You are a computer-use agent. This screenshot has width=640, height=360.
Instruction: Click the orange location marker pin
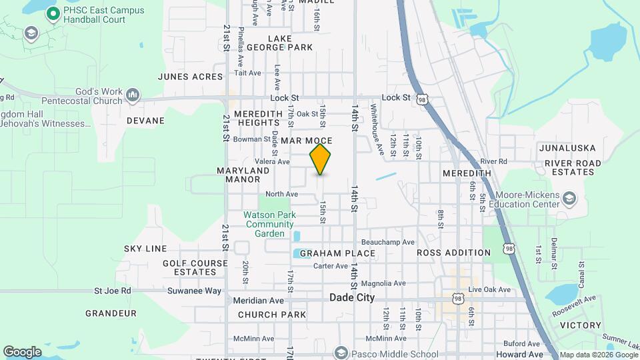coord(321,159)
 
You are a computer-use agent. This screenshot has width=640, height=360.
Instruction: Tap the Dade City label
coord(352,298)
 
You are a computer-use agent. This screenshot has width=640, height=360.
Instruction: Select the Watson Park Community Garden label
coord(269,224)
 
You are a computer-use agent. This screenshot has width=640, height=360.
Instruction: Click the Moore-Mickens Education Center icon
coord(569,198)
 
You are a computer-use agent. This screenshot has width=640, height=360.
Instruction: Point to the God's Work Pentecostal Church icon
coord(133,96)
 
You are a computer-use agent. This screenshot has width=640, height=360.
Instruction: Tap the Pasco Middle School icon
coord(341,353)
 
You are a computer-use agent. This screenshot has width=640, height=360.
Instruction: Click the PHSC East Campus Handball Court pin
coord(49,13)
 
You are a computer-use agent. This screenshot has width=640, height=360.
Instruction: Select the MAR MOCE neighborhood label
coord(307,141)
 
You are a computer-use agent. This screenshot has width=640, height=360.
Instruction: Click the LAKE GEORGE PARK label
coord(279,43)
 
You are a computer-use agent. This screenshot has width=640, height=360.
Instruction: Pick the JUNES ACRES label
coord(190,77)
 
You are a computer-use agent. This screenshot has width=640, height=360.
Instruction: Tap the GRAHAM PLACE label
coord(337,253)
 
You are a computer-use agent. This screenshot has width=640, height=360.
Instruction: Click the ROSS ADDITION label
coord(453,253)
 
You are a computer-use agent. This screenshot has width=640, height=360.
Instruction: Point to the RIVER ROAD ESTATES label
coord(572,167)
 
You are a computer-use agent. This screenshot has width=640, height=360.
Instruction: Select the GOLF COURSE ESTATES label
coord(195,267)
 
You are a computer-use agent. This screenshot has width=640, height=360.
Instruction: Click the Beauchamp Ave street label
coord(388,242)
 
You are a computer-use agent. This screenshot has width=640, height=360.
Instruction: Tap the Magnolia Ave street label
coord(383,283)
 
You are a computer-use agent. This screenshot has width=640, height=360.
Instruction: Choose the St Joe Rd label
coord(113,291)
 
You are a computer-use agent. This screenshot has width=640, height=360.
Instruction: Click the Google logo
coord(22,351)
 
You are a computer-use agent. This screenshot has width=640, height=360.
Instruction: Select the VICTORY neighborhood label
coord(580,325)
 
